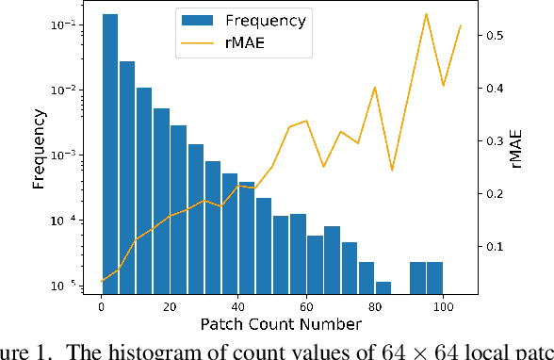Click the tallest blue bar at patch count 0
[109, 151]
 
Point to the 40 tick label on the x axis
[238, 305]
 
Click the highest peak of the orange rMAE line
[426, 14]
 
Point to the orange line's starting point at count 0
[102, 281]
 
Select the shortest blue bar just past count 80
[383, 286]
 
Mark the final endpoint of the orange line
[460, 25]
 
